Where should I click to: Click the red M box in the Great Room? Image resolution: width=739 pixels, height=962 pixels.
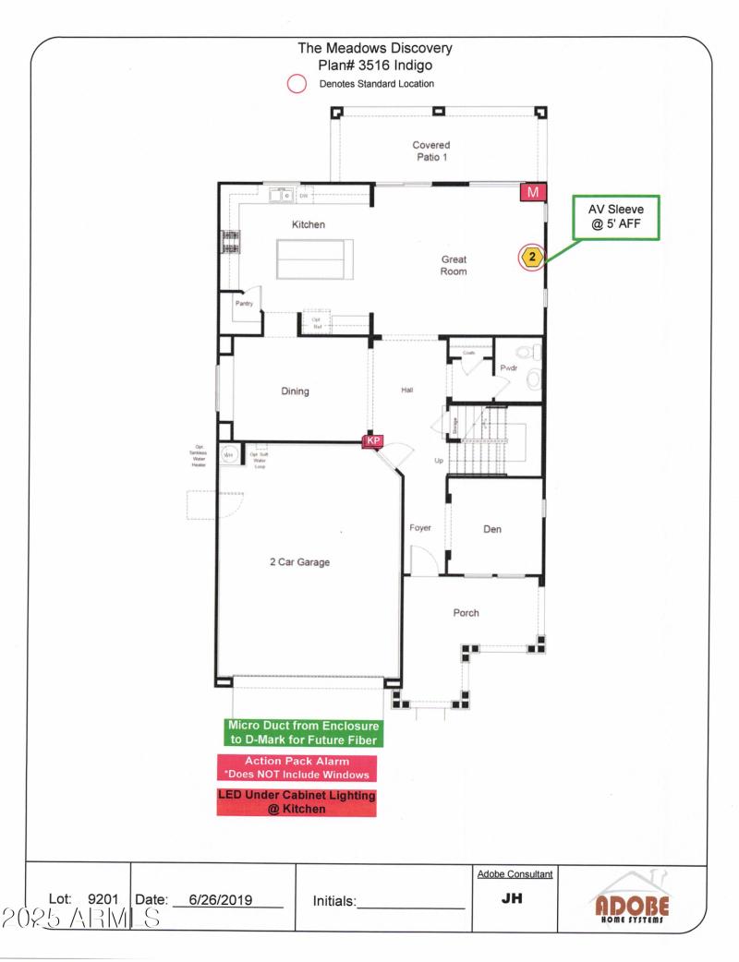[x=533, y=192]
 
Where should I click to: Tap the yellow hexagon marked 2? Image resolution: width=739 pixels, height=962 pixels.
[x=532, y=256]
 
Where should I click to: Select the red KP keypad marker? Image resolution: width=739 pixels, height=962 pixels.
[x=373, y=441]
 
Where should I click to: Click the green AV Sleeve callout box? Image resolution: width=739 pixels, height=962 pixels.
[x=616, y=218]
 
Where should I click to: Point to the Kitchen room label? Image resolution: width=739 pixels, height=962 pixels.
[x=309, y=224]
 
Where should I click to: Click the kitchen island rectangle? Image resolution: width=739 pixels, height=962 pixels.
[x=314, y=259]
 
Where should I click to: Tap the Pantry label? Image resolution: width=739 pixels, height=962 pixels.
[x=244, y=303]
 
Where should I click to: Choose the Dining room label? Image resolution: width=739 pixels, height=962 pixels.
[x=295, y=391]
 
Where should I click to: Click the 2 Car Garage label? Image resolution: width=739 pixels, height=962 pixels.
[x=299, y=561]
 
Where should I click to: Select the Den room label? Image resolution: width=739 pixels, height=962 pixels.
[x=492, y=529]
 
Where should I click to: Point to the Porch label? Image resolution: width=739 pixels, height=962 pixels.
[x=466, y=613]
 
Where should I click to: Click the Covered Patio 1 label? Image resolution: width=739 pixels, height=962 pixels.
[x=431, y=150]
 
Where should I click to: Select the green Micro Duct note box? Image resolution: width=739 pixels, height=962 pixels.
[x=304, y=733]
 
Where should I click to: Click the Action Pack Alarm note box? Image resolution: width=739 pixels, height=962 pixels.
[x=297, y=767]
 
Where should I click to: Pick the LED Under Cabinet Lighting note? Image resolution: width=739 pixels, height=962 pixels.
[x=297, y=801]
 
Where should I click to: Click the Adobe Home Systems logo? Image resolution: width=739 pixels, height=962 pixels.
[x=631, y=901]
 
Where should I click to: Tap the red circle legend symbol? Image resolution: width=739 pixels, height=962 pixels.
[x=297, y=84]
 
